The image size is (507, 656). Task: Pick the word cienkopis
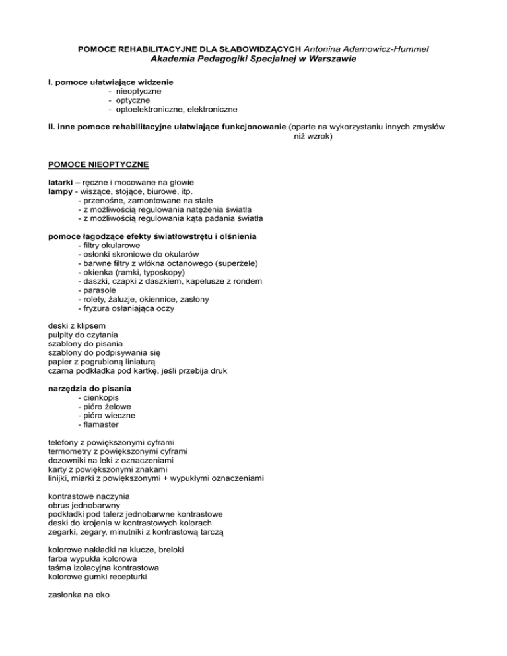point(102,398)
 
